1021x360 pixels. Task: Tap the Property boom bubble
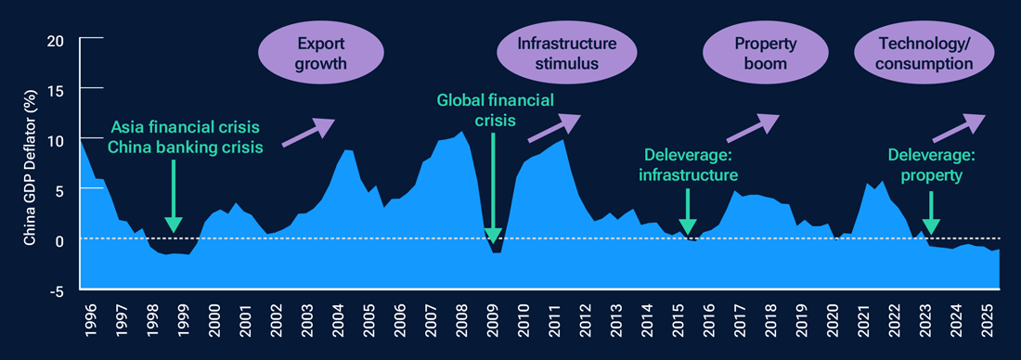[760, 54]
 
